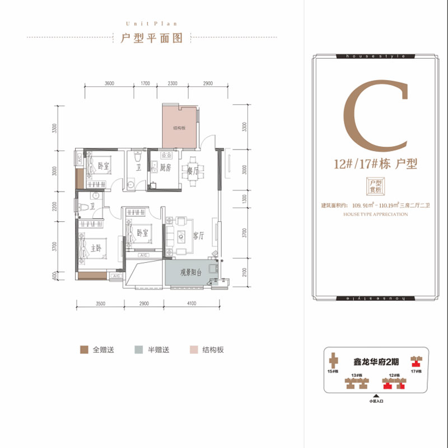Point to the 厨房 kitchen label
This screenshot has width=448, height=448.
(165, 167)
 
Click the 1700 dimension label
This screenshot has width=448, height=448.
(146, 83)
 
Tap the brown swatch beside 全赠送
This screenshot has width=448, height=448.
(84, 350)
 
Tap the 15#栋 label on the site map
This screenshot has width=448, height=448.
(333, 371)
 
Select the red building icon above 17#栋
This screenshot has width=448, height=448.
(416, 361)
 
